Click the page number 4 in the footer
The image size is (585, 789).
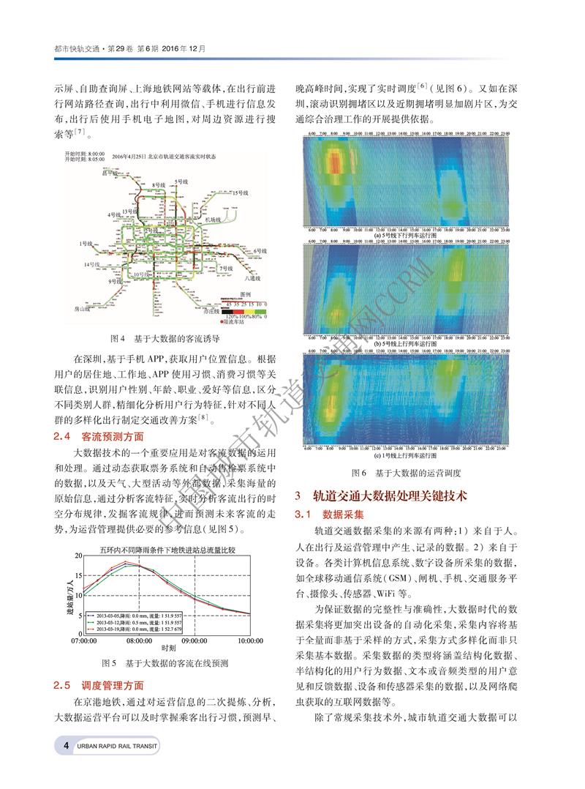pyautogui.click(x=66, y=766)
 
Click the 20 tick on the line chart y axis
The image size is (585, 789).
pyautogui.click(x=78, y=556)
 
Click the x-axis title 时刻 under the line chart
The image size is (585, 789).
pyautogui.click(x=168, y=648)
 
